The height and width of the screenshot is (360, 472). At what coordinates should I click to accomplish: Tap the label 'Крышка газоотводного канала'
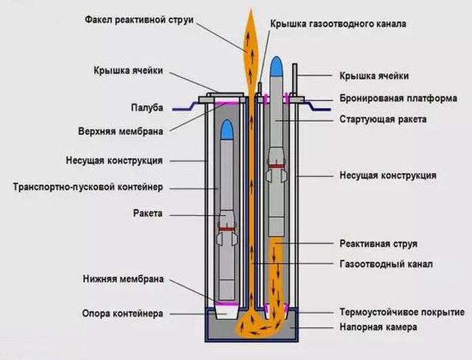[x=338, y=24]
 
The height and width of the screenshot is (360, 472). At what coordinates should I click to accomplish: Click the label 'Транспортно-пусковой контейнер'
[x=88, y=187]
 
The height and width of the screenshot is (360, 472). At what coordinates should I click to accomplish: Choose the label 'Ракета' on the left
[x=149, y=212]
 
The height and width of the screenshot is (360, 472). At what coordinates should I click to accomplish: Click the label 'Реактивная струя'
[x=378, y=244]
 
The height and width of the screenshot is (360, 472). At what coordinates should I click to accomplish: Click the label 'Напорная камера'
[x=378, y=328]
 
